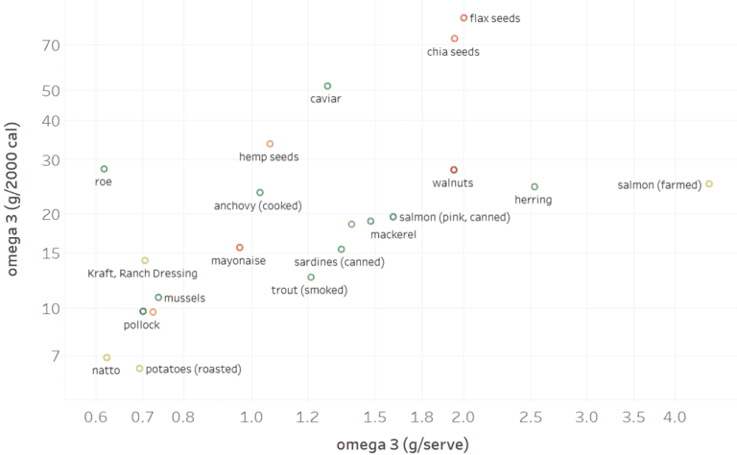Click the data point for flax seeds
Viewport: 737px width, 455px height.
[x=464, y=17]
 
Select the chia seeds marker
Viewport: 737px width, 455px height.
[x=454, y=38]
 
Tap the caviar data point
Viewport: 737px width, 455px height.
[x=327, y=86]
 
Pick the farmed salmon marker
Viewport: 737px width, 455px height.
[x=709, y=184]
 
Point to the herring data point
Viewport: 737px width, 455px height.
[x=535, y=186]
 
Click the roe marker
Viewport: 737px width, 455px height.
[x=105, y=169]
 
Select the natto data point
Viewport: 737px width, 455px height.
[x=107, y=357]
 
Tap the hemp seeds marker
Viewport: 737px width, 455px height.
[x=270, y=144]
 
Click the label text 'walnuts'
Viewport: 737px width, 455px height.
[x=453, y=182]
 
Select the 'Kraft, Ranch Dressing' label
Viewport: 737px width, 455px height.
[x=134, y=274]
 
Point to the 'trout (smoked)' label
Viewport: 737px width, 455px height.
[x=310, y=290]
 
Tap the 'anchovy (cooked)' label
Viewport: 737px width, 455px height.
[x=258, y=205]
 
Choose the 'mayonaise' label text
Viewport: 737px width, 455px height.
[x=238, y=260]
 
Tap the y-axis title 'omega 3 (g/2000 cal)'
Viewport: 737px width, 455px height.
[x=13, y=199]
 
